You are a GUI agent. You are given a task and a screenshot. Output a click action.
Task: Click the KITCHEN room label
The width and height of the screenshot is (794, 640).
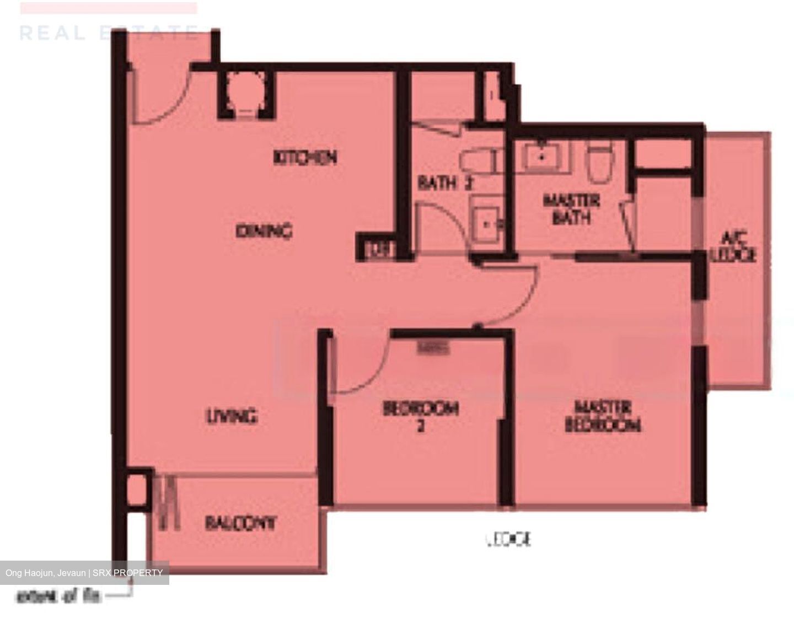(x=305, y=158)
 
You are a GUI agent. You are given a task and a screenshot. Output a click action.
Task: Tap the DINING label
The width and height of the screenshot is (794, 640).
(x=264, y=231)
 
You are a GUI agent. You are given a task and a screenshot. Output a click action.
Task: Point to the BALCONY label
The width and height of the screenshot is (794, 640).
(x=240, y=523)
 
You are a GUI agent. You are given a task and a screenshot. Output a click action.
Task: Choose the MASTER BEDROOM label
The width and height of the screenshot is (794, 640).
(x=603, y=416)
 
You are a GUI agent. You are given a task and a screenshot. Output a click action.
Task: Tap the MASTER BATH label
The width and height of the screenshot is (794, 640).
(x=571, y=209)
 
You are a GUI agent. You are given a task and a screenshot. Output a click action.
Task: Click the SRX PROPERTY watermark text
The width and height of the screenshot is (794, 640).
(x=84, y=573)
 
